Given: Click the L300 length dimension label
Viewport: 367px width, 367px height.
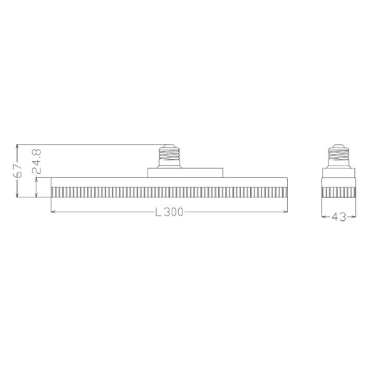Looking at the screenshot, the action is pyautogui.click(x=169, y=212).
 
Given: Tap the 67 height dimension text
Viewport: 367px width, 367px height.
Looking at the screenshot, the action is pyautogui.click(x=18, y=170).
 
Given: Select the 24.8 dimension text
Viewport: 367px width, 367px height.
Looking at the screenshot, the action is pyautogui.click(x=36, y=161).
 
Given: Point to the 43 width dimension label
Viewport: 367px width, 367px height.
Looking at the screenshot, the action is pyautogui.click(x=338, y=217).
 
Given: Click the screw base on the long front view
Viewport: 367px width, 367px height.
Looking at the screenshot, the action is pyautogui.click(x=169, y=156).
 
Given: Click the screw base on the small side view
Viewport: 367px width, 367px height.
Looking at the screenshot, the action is pyautogui.click(x=338, y=156).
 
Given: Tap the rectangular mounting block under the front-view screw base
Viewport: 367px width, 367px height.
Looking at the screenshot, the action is pyautogui.click(x=185, y=173).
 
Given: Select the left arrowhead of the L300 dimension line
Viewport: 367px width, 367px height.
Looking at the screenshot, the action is pyautogui.click(x=53, y=212).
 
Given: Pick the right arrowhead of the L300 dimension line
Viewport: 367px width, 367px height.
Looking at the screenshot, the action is pyautogui.click(x=285, y=212).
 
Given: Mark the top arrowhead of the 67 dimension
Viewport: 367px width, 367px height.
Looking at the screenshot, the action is pyautogui.click(x=17, y=146).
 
